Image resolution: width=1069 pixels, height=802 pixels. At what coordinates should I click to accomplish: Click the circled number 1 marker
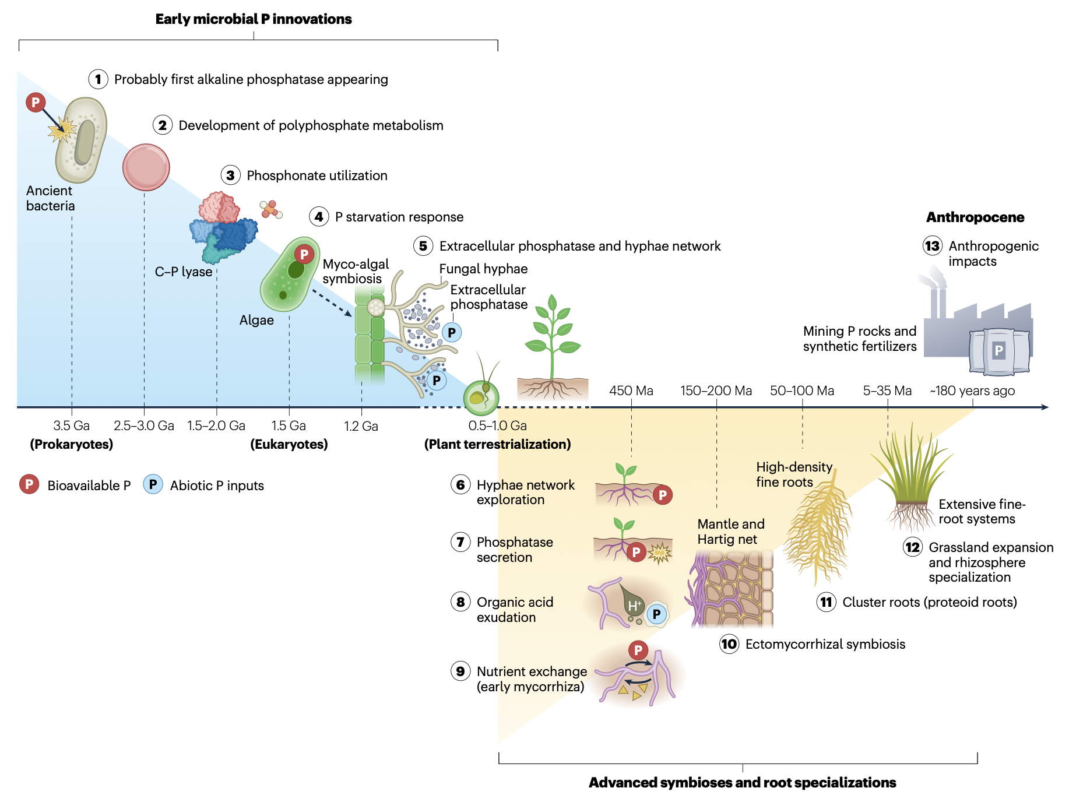[98, 79]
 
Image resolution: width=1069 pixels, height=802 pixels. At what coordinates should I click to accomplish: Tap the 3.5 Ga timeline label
[71, 425]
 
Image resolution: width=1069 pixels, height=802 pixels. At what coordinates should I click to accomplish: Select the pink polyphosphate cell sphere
[146, 167]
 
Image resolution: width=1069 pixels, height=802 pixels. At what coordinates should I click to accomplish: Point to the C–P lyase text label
[183, 272]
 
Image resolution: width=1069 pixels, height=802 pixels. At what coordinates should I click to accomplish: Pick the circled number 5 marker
[423, 246]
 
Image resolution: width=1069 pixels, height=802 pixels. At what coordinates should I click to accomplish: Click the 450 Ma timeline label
[631, 391]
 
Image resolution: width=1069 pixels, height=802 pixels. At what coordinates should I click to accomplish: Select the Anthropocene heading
[975, 217]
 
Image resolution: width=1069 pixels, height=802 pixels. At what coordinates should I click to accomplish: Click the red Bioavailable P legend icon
[29, 485]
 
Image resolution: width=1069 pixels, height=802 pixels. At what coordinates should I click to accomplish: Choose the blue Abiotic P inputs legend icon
[153, 485]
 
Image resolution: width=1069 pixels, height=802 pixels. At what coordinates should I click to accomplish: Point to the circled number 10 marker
[729, 644]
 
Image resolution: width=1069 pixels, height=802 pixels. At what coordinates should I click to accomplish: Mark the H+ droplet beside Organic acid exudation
[632, 603]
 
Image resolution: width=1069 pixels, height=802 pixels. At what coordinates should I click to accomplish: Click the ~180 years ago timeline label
[972, 391]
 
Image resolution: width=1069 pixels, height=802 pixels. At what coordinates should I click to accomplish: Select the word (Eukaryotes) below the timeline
[289, 444]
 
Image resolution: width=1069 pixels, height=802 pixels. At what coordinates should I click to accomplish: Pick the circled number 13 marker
[932, 246]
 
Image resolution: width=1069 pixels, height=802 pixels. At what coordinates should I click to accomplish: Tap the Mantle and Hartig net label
[730, 532]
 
